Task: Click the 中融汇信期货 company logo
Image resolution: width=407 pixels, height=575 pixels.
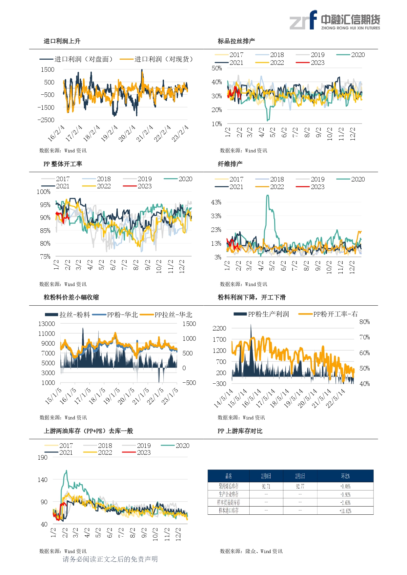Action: (x=335, y=20)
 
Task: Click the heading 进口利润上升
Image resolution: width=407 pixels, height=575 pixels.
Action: (x=62, y=41)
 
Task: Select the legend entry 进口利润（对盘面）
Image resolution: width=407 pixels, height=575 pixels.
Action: (x=76, y=59)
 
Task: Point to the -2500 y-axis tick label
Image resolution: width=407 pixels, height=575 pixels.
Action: (x=46, y=120)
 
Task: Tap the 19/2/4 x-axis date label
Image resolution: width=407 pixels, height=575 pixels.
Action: (x=109, y=133)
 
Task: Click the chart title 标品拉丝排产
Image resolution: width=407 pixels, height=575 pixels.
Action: (x=236, y=41)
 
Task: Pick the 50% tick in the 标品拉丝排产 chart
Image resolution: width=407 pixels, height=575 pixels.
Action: (x=217, y=68)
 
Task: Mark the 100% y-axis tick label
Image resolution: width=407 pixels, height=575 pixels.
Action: (x=44, y=192)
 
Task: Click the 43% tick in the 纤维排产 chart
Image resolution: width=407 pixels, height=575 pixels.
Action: (x=216, y=202)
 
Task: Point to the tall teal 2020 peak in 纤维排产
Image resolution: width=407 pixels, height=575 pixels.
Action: (x=268, y=196)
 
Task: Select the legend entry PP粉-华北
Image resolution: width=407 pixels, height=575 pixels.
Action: (x=115, y=315)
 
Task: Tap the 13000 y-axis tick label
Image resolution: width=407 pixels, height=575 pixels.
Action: (x=47, y=324)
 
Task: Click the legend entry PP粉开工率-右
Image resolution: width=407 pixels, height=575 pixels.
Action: (x=328, y=314)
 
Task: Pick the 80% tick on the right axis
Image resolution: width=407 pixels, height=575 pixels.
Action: (x=365, y=322)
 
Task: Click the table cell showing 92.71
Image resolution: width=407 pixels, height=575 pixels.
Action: (x=266, y=487)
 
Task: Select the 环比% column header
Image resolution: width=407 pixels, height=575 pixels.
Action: (x=345, y=476)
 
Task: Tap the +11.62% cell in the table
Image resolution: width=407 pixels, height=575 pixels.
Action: (x=345, y=511)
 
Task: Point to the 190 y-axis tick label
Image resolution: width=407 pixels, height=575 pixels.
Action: (x=43, y=457)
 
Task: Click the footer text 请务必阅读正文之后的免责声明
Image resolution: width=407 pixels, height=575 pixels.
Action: (x=110, y=559)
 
